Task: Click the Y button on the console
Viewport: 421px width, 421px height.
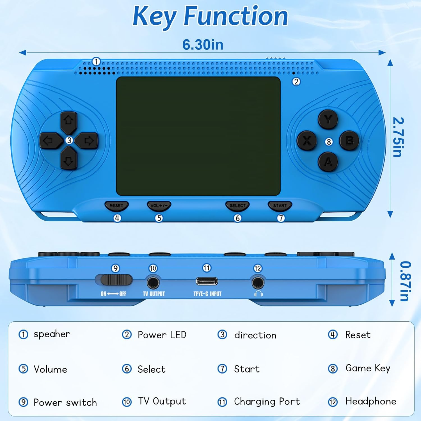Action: (x=328, y=119)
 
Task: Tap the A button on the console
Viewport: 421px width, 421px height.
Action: (x=328, y=162)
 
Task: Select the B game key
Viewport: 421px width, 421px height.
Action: (x=349, y=141)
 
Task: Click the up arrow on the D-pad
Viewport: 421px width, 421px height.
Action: (x=69, y=122)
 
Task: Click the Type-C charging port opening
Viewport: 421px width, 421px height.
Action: (x=207, y=281)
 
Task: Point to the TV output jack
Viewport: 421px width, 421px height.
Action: (x=153, y=282)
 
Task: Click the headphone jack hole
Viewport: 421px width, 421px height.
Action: (x=258, y=282)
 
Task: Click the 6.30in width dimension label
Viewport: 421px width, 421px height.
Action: (x=203, y=45)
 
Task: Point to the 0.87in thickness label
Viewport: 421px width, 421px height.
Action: (x=405, y=281)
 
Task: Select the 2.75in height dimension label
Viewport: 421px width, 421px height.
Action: (x=398, y=137)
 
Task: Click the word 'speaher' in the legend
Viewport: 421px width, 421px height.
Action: (x=52, y=334)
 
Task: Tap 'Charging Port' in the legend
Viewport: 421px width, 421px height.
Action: (x=267, y=402)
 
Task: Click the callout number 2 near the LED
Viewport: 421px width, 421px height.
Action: (x=296, y=82)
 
